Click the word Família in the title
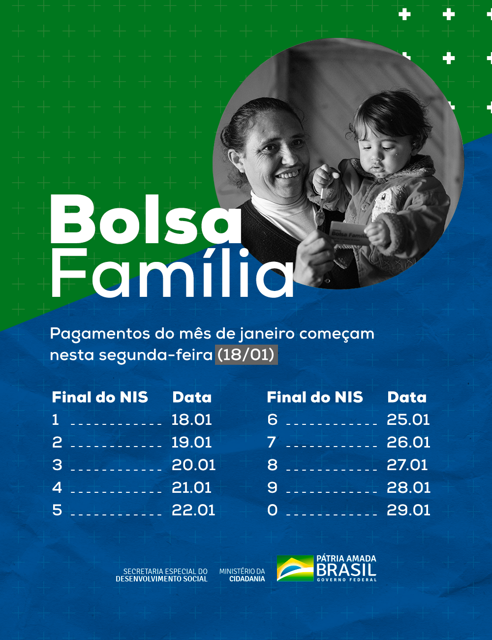click(172, 274)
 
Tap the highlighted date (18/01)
click(246, 355)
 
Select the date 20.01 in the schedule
click(193, 465)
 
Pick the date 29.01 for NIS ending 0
click(408, 510)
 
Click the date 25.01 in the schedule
click(408, 419)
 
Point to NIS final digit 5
click(57, 510)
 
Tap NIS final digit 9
click(272, 487)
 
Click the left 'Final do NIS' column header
click(100, 397)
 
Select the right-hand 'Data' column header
click(407, 397)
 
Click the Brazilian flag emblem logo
click(295, 568)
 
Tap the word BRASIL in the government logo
click(346, 570)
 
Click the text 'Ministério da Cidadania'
click(242, 575)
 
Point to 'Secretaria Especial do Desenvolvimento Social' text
click(161, 575)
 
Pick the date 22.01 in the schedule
click(193, 510)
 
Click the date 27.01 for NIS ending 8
click(407, 465)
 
